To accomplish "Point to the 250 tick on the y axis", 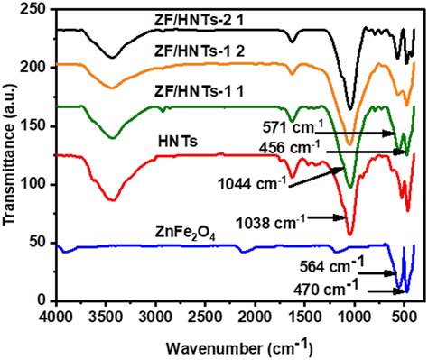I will click(36, 8).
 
